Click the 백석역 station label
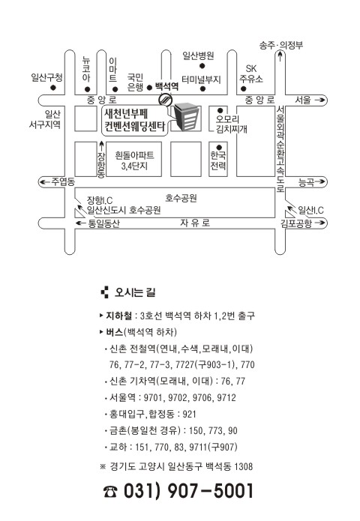pyautogui.click(x=166, y=87)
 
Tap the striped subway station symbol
pyautogui.click(x=165, y=99)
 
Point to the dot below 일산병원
pyautogui.click(x=202, y=66)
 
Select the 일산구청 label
pyautogui.click(x=46, y=78)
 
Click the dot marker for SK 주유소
pyautogui.click(x=243, y=88)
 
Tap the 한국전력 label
pyautogui.click(x=218, y=160)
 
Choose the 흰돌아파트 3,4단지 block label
pyautogui.click(x=134, y=160)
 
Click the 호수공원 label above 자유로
pyautogui.click(x=181, y=199)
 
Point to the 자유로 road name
pyautogui.click(x=195, y=223)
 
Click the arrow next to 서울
pyautogui.click(x=319, y=100)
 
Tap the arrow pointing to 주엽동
pyautogui.click(x=45, y=181)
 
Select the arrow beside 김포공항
pyautogui.click(x=319, y=223)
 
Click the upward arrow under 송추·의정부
pyautogui.click(x=280, y=55)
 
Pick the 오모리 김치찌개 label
pyautogui.click(x=231, y=124)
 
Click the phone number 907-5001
pyautogui.click(x=211, y=491)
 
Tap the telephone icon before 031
pyautogui.click(x=110, y=492)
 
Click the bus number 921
pyautogui.click(x=190, y=415)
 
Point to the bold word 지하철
pyautogui.click(x=118, y=316)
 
